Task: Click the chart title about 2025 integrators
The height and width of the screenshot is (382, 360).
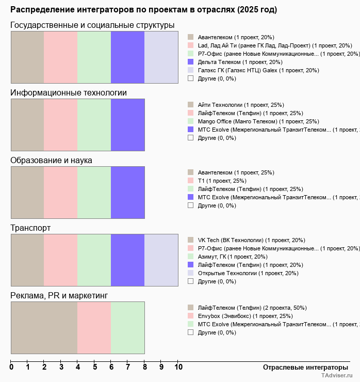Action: pyautogui.click(x=143, y=10)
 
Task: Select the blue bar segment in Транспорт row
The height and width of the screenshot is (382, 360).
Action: pyautogui.click(x=127, y=260)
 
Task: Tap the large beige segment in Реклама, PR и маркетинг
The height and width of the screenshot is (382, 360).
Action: pyautogui.click(x=44, y=327)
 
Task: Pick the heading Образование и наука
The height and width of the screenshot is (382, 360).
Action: pyautogui.click(x=51, y=161)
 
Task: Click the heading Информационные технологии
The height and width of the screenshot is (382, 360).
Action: pyautogui.click(x=69, y=93)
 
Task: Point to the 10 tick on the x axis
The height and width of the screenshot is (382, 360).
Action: pyautogui.click(x=178, y=367)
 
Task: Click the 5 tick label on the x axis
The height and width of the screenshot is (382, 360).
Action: pyautogui.click(x=94, y=367)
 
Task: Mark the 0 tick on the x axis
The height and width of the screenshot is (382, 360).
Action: pyautogui.click(x=11, y=367)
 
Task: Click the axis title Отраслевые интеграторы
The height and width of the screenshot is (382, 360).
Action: pyautogui.click(x=302, y=367)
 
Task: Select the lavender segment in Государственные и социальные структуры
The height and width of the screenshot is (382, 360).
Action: pyautogui.click(x=161, y=57)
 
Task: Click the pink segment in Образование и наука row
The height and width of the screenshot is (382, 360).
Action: pyautogui.click(x=60, y=192)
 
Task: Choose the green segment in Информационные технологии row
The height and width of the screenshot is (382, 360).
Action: pyautogui.click(x=94, y=124)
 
